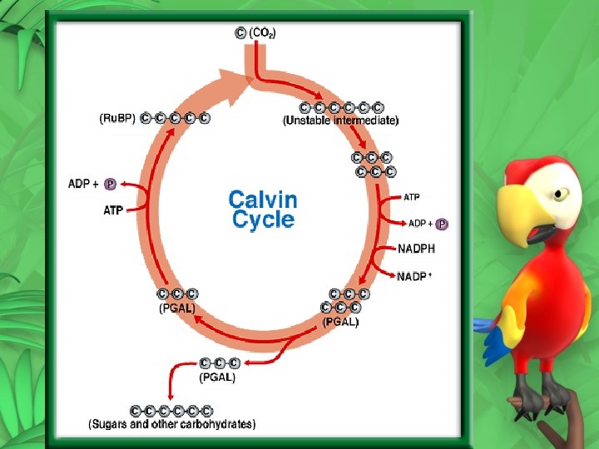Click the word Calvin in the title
tap(262, 200)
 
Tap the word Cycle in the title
tap(263, 220)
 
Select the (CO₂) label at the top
tap(263, 33)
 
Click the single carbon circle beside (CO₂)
tap(240, 33)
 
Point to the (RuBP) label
tap(117, 117)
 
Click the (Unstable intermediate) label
tap(341, 121)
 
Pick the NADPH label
tap(416, 248)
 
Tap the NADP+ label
tap(414, 275)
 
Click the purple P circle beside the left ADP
tap(110, 183)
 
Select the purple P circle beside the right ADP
tap(442, 224)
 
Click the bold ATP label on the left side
tap(113, 210)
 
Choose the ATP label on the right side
tap(412, 197)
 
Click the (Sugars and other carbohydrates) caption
tap(172, 424)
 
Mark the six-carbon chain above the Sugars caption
tap(171, 411)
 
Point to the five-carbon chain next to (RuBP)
tap(176, 117)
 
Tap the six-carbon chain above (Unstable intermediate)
tap(342, 107)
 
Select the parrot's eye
tap(562, 193)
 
